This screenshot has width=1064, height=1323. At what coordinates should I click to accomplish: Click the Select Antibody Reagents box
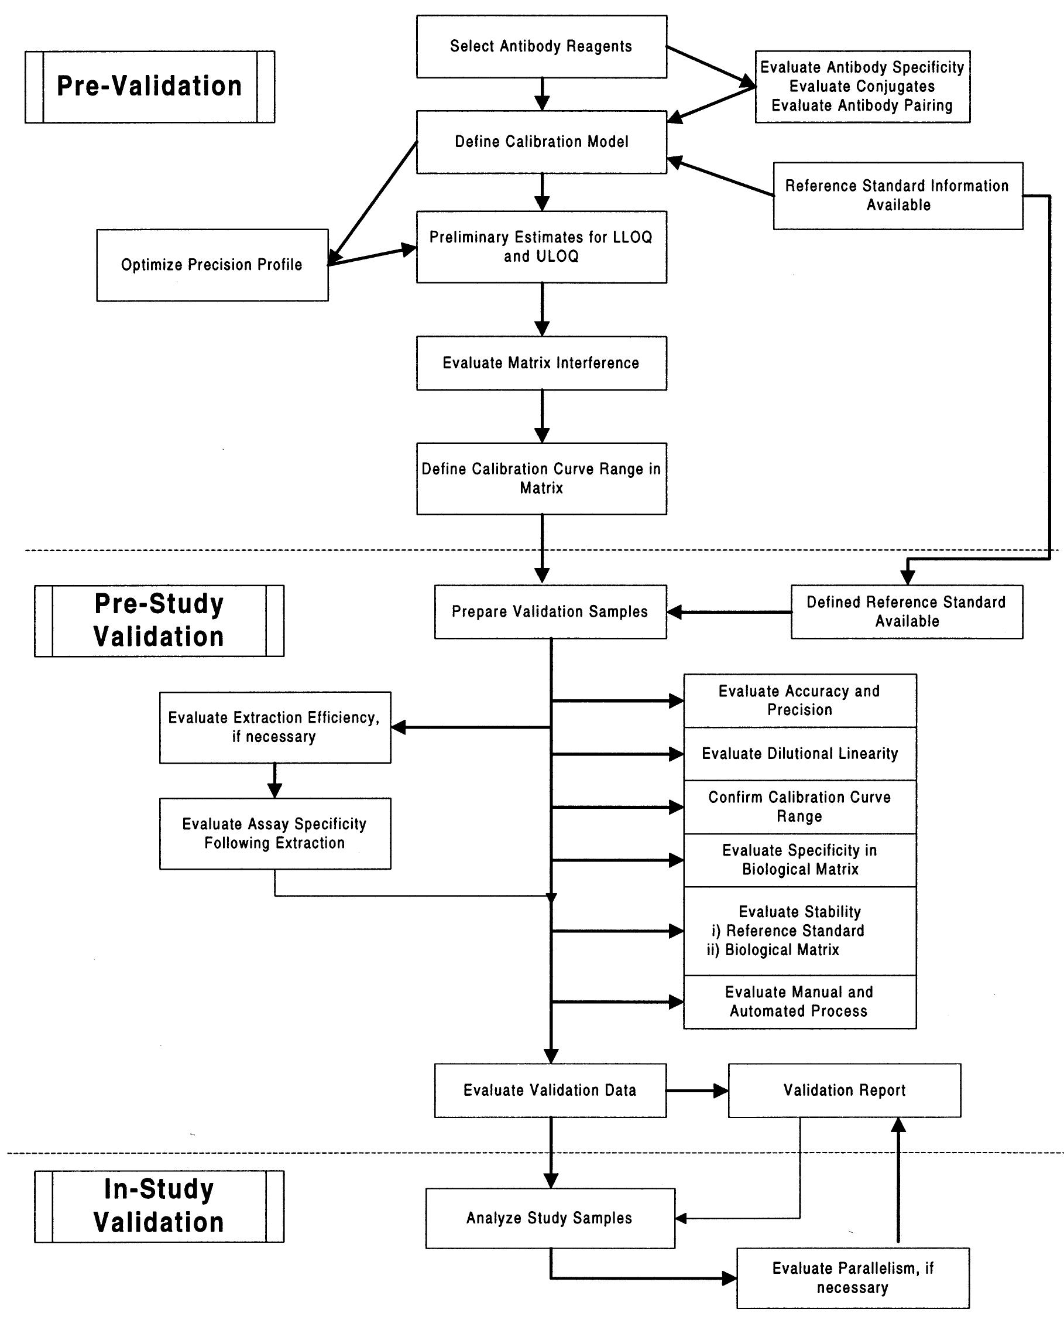(541, 47)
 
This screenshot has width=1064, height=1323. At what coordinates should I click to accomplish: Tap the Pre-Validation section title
(149, 87)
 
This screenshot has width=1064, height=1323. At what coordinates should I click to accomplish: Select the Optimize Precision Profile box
(212, 265)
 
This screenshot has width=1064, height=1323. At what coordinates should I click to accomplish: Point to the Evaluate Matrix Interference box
(541, 363)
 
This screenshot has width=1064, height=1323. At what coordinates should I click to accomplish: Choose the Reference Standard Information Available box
(897, 195)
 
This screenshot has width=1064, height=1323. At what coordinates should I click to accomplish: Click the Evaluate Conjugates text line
(862, 87)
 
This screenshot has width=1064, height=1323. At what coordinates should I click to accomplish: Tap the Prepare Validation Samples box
(550, 611)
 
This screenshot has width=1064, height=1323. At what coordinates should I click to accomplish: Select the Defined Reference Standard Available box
(906, 611)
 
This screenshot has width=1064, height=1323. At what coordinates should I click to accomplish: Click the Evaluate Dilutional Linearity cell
(799, 754)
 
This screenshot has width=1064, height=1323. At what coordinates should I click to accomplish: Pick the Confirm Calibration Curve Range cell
(799, 806)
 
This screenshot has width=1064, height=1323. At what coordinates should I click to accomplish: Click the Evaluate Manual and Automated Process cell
(799, 1001)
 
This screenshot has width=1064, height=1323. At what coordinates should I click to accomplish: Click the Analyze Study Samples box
(550, 1218)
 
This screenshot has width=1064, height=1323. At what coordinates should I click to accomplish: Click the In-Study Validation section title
(158, 1206)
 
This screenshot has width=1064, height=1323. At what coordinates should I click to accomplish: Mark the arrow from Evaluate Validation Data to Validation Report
(696, 1090)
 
